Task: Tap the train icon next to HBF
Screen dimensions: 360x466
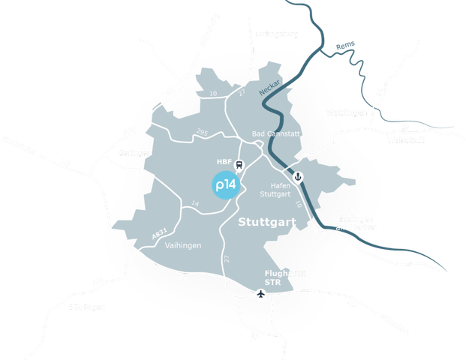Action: coord(239,166)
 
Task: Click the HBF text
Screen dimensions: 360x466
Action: coord(224,161)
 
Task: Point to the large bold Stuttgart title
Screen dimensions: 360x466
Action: coord(267,223)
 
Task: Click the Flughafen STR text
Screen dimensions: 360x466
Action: coord(283,277)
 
